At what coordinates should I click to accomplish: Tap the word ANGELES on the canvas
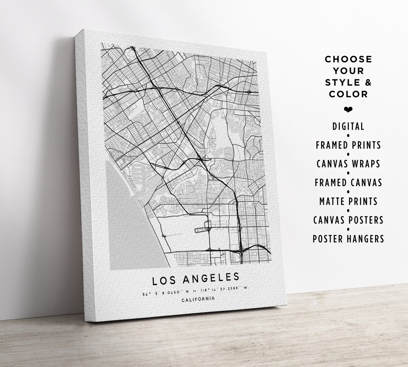pos(211,278)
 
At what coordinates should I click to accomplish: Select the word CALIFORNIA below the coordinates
pos(198,299)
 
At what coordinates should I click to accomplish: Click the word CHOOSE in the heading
pos(348,59)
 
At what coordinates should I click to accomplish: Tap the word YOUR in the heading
pos(348,71)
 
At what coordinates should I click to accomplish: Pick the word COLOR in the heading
pos(348,94)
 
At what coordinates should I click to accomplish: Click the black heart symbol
pos(348,109)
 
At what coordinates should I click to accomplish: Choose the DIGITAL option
pos(348,126)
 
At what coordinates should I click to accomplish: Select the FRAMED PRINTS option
pos(348,145)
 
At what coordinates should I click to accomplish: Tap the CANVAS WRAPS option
pos(348,164)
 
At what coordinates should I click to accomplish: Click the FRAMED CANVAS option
pos(348,183)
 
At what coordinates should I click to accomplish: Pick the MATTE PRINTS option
pos(348,201)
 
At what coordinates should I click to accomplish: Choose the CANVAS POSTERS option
pos(348,220)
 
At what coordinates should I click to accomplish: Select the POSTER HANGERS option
pos(348,239)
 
